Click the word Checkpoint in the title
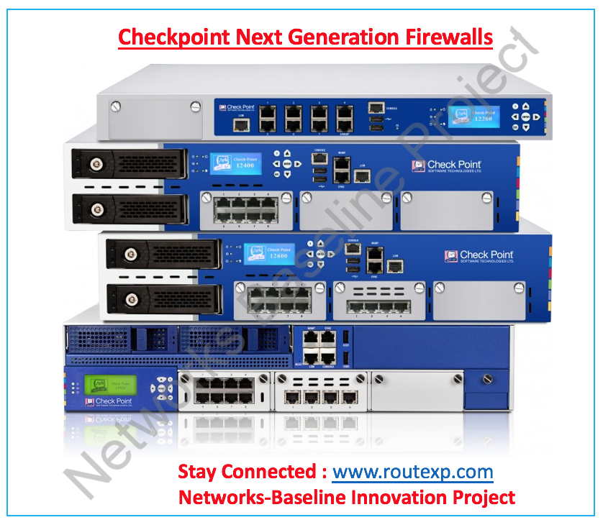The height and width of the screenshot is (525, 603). (x=173, y=37)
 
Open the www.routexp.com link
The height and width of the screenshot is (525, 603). (x=412, y=472)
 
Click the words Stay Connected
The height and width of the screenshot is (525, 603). (x=246, y=472)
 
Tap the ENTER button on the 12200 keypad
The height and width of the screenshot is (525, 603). (x=526, y=116)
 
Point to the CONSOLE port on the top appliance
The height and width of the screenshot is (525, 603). (x=376, y=108)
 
